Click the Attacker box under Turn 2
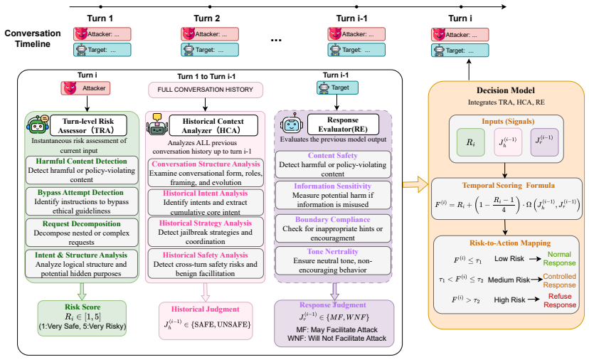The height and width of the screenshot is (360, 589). coord(210,34)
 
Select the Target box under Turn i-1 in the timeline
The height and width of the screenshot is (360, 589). coord(356,50)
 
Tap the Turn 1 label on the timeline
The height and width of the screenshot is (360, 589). coord(100,18)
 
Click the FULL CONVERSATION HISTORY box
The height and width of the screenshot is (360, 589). coord(206,90)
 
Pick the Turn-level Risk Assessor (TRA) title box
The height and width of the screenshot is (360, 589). coord(88,125)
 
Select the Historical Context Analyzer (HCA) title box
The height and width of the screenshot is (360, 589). coord(213,125)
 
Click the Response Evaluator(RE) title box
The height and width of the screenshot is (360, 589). coord(343,125)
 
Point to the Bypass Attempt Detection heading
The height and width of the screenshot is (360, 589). coord(80,192)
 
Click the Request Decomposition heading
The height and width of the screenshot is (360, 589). coord(82,223)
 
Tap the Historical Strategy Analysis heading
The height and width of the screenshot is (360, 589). coord(206,223)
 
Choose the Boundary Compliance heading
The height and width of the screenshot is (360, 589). coord(332,219)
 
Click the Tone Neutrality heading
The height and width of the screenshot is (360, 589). coord(332,251)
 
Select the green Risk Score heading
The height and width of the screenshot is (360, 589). coord(83,307)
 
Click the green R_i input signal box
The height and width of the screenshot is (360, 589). coord(471,142)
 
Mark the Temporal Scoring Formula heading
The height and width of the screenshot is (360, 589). coord(508,185)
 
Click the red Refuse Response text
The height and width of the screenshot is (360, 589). coord(560,300)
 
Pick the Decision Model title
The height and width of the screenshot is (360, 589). coord(506,90)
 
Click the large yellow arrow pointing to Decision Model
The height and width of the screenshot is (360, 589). coord(415,184)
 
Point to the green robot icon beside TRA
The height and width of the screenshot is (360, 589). coord(38,125)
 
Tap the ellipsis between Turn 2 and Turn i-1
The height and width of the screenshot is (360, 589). coord(276,40)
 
